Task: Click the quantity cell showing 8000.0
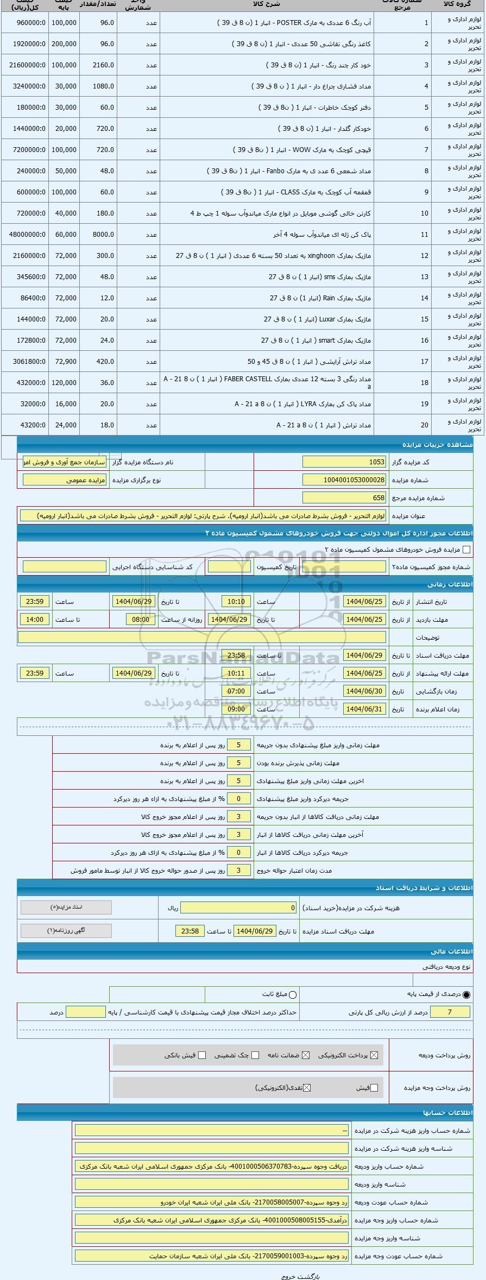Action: tap(98, 235)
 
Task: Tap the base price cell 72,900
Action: tap(65, 362)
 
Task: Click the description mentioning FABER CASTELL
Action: tap(267, 383)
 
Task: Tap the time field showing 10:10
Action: tap(236, 602)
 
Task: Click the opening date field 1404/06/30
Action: tap(364, 691)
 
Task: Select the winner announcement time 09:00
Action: tap(236, 709)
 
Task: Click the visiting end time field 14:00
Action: tap(35, 620)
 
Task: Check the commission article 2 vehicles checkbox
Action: tap(466, 550)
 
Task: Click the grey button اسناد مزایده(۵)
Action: tap(66, 907)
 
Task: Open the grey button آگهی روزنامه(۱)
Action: tap(66, 930)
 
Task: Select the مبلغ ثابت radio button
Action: tap(293, 995)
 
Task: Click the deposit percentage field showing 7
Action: tap(450, 1012)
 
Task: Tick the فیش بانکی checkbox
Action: tap(203, 1055)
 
